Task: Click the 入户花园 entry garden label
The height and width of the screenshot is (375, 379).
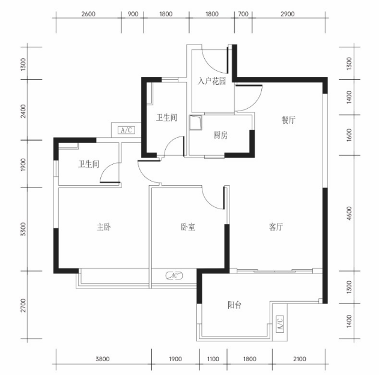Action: (x=212, y=81)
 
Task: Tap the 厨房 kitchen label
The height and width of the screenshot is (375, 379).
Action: (x=220, y=135)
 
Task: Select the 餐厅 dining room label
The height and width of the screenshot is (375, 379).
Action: (x=288, y=120)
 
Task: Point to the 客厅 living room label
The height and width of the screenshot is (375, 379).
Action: (x=276, y=227)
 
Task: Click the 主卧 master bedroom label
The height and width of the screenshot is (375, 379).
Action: (x=104, y=227)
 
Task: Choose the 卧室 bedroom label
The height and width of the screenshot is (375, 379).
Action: (x=188, y=227)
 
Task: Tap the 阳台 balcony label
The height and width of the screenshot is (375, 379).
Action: (x=234, y=305)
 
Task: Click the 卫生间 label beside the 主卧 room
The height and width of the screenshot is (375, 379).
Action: (x=88, y=164)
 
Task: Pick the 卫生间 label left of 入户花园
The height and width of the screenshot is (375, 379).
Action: (x=166, y=118)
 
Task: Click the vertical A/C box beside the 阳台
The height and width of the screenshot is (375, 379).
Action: (x=280, y=324)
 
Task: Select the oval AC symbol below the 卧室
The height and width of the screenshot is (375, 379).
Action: (x=174, y=275)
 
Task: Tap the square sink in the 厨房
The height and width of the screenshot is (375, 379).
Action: (x=195, y=123)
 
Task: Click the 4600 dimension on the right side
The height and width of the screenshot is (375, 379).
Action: (x=350, y=213)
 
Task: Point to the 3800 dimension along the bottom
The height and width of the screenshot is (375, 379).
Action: (x=103, y=359)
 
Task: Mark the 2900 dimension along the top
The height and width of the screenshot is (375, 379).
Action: (x=287, y=14)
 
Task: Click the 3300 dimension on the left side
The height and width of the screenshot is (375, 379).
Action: (x=23, y=229)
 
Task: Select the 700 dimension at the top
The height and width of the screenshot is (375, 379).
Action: (x=243, y=14)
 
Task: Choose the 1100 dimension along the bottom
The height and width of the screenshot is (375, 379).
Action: (x=213, y=359)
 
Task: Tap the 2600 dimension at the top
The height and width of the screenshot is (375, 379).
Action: (x=88, y=14)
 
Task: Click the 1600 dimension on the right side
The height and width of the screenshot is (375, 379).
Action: (x=350, y=135)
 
